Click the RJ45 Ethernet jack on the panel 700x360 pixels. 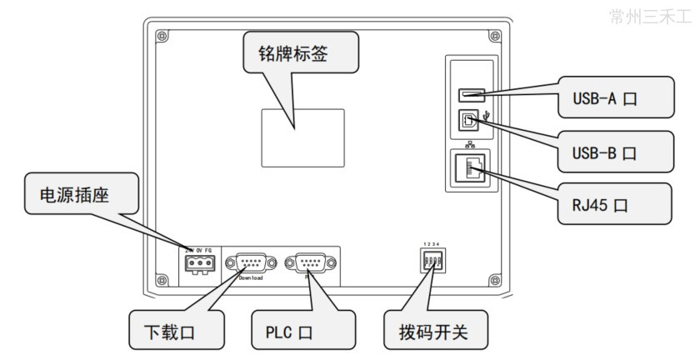470,167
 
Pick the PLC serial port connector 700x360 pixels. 311,263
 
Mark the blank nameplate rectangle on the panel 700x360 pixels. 303,137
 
